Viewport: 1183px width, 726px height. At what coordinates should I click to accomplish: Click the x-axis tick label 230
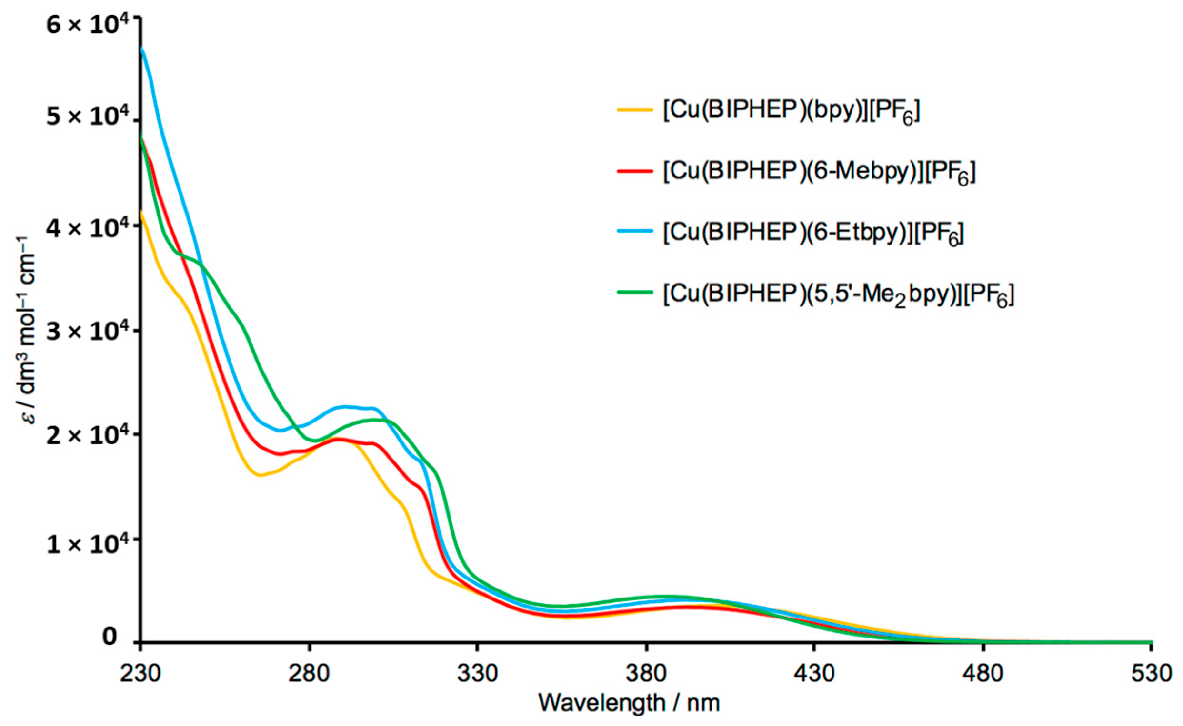(140, 674)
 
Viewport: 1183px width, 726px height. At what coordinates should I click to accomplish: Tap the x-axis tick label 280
(309, 674)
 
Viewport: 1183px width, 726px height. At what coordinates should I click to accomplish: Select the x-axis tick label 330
(477, 674)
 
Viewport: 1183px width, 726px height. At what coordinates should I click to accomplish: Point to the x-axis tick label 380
(646, 674)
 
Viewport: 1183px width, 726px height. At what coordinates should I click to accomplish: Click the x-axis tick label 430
(814, 674)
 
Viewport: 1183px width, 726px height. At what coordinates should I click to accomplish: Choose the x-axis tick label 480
(983, 674)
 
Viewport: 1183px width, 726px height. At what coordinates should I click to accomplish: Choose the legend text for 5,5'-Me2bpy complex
(838, 294)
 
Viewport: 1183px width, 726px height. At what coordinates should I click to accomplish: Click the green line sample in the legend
(635, 292)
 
